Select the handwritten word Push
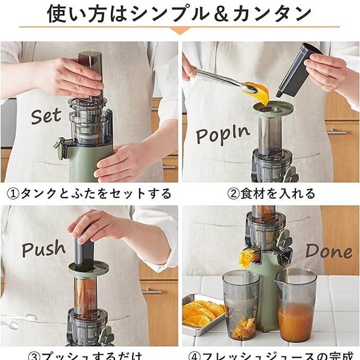pos(44,249)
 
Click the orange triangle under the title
pos(179,30)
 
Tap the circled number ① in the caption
pos(12,194)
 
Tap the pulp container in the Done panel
pos(241,305)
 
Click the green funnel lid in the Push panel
pos(88,268)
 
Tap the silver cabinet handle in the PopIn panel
pos(337,132)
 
